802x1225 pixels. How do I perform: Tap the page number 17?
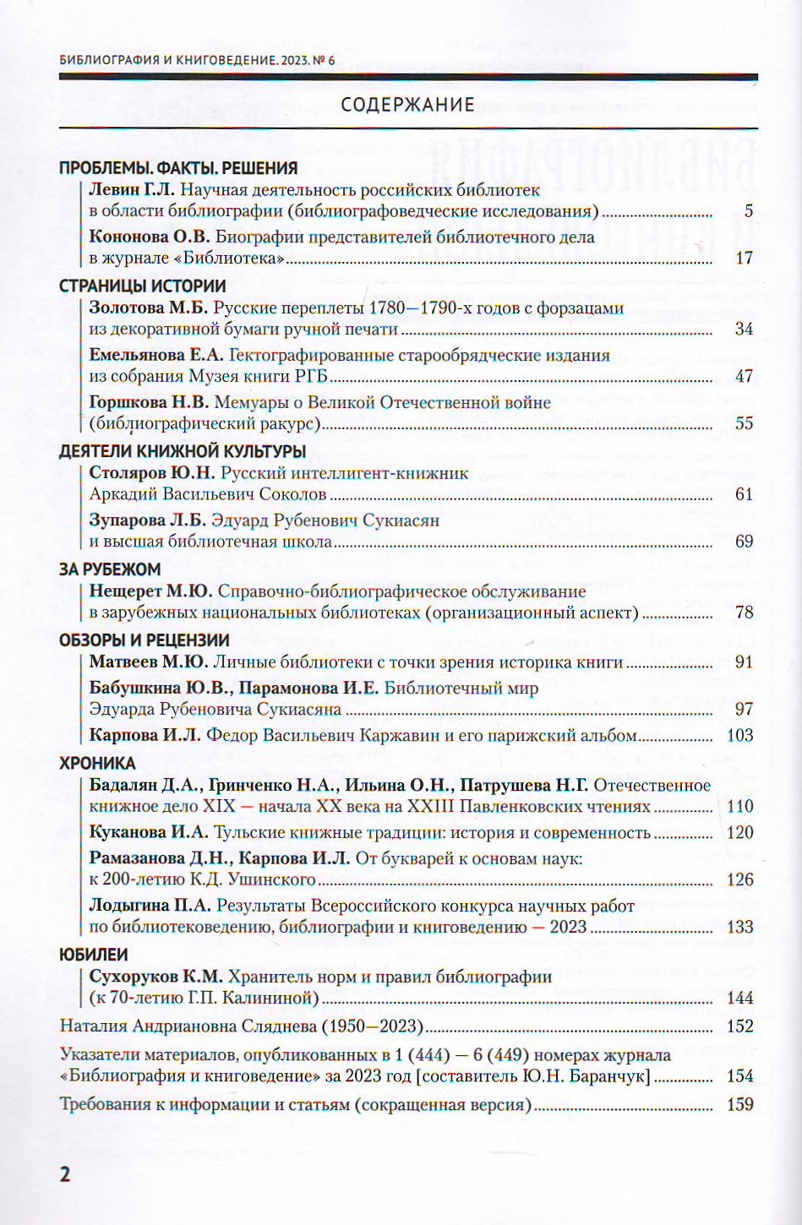pos(744,259)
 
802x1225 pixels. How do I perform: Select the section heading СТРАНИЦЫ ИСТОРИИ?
pos(143,286)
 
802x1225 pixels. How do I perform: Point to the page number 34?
pos(744,329)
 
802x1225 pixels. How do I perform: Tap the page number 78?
pos(744,612)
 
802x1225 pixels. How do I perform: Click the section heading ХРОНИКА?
pos(97,763)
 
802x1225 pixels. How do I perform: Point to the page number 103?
pos(740,735)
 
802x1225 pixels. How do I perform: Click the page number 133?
pos(740,927)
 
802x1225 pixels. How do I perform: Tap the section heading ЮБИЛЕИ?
pos(94,955)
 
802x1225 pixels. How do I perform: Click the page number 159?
pos(740,1104)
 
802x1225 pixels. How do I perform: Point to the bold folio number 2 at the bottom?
pos(63,1175)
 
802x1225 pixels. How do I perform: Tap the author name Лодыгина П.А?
pos(149,906)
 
